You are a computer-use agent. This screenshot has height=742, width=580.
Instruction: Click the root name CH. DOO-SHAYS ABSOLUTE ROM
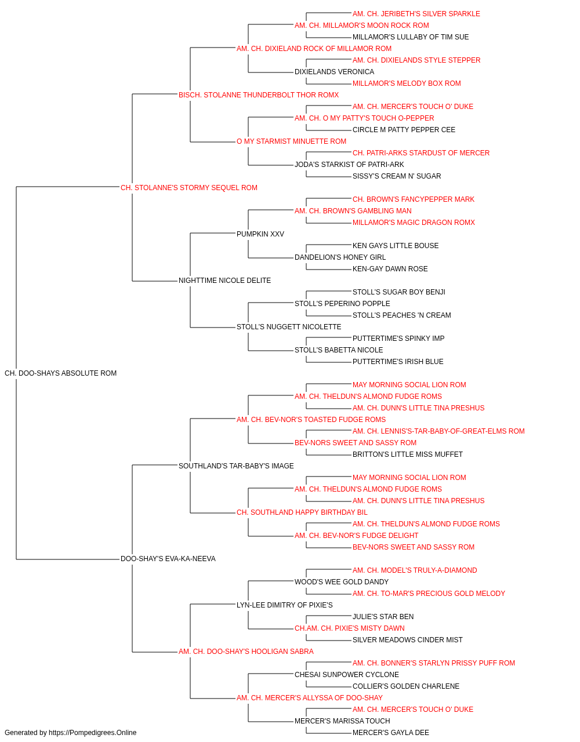point(60,373)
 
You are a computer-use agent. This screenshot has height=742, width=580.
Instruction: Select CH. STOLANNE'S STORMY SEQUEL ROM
point(189,188)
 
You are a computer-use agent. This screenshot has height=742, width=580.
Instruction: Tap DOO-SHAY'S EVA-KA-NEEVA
point(168,559)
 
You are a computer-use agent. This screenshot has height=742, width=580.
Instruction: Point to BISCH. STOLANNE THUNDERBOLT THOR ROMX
point(259,95)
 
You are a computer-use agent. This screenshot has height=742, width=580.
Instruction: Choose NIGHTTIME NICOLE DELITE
point(225,281)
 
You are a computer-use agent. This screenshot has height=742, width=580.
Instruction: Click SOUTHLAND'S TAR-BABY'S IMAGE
point(236,466)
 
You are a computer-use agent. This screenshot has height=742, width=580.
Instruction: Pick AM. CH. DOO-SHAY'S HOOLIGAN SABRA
point(246,652)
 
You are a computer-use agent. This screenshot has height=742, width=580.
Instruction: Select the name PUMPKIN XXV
point(260,234)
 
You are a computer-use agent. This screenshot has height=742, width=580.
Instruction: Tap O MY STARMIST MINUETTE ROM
point(291,141)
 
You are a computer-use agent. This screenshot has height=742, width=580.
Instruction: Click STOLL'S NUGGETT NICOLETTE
point(289,327)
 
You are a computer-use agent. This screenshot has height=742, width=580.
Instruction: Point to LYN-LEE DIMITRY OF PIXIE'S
point(285,605)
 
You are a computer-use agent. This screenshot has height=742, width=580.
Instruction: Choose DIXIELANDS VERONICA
point(335,72)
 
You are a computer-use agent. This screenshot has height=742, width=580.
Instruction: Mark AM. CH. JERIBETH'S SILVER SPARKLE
point(416,14)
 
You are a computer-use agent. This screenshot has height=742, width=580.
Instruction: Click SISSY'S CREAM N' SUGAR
point(397,176)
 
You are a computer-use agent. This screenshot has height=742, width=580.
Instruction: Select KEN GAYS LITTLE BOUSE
point(396,246)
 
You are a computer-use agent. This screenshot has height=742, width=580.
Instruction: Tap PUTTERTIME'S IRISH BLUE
point(398,362)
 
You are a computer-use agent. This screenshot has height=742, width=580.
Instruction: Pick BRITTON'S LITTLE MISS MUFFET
point(408,454)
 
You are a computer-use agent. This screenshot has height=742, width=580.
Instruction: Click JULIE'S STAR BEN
point(383,617)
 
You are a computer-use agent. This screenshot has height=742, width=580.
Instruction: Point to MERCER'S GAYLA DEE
point(391,733)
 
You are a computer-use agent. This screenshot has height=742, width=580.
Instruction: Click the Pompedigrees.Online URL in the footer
point(92,733)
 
